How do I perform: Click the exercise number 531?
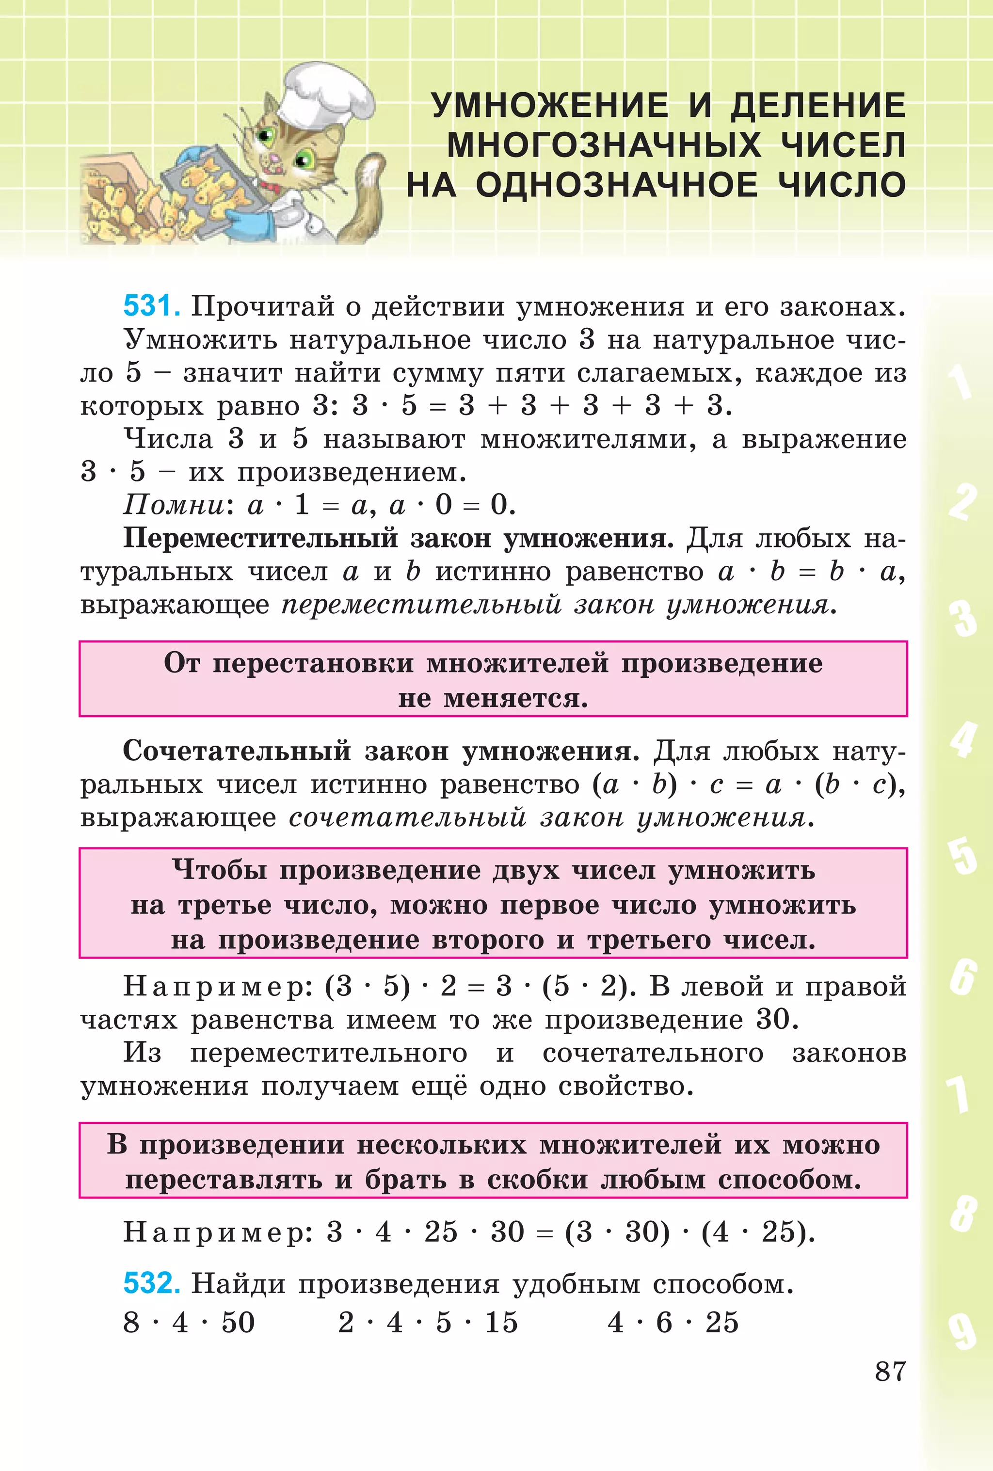coord(151,306)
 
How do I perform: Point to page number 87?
coord(890,1372)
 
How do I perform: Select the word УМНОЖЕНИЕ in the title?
coord(549,106)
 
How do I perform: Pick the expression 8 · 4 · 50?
coord(189,1322)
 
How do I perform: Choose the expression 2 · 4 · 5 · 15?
coord(428,1322)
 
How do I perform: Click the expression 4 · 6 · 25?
coord(673,1322)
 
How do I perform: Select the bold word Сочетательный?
coord(236,751)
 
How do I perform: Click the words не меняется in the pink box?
coord(493,698)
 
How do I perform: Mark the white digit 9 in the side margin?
coord(961,1331)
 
